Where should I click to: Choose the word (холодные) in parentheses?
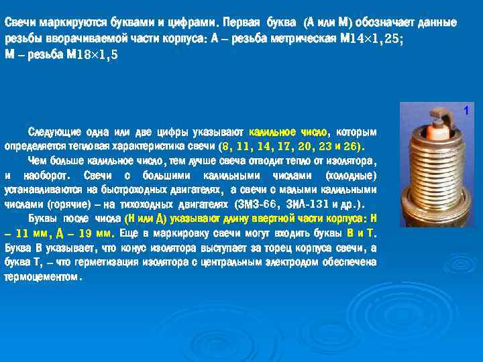(350, 176)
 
